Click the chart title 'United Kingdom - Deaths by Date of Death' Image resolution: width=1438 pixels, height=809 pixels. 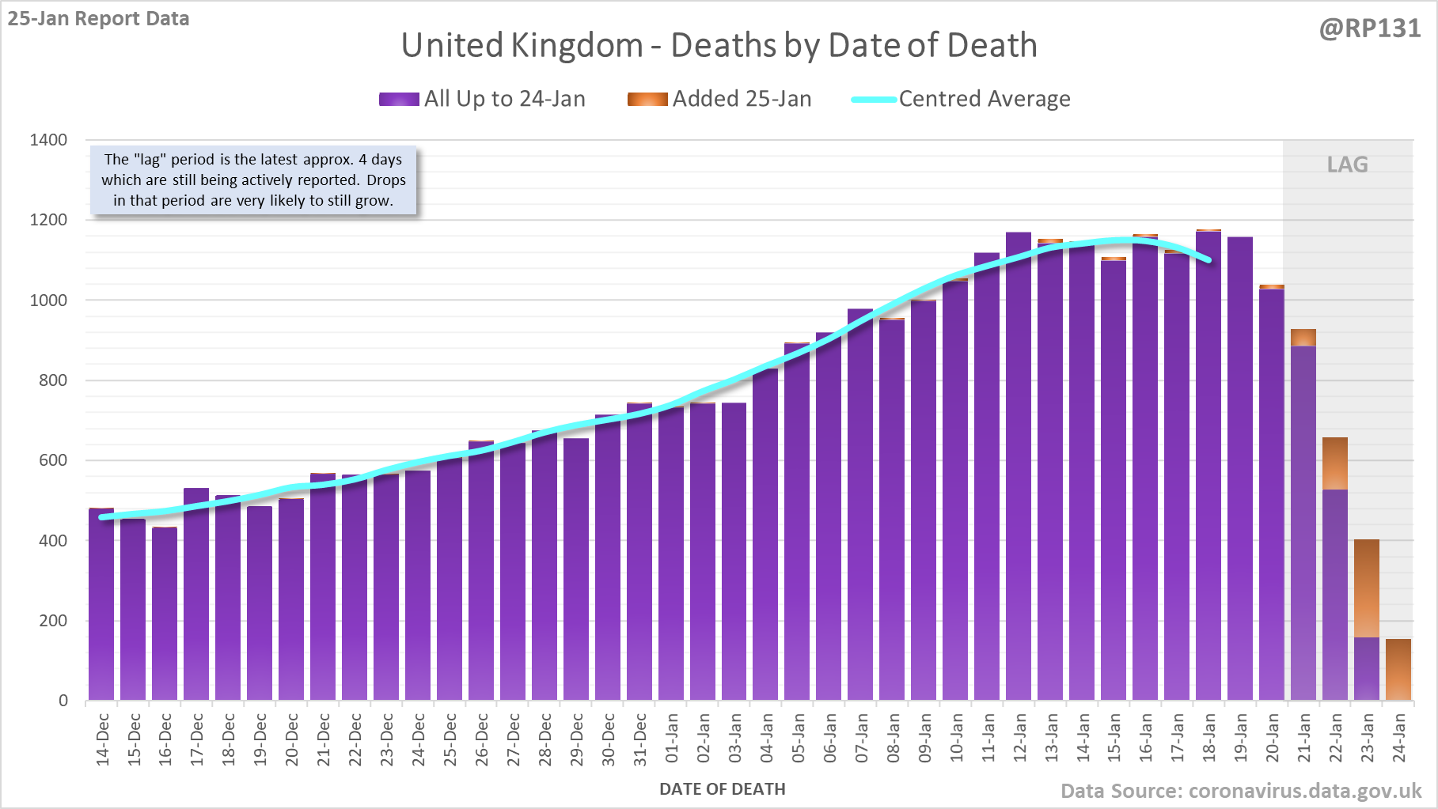[719, 45]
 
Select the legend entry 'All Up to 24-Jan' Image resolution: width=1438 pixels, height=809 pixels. [483, 99]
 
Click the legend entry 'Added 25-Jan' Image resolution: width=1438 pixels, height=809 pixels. [720, 99]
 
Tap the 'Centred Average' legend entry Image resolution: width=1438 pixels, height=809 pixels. [962, 99]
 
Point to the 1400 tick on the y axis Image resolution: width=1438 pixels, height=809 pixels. [48, 140]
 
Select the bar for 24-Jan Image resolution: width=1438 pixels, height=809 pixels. [1398, 669]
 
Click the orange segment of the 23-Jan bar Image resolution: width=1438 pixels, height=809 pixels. [1367, 588]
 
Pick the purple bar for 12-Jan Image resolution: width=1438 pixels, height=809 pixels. [1019, 467]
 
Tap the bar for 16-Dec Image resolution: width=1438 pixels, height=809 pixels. [165, 613]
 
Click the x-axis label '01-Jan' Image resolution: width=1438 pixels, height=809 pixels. [672, 738]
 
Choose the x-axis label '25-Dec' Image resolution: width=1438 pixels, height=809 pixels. [450, 739]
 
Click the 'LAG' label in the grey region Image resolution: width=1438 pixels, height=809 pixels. [1347, 164]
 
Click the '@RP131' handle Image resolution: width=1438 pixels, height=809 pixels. [1369, 28]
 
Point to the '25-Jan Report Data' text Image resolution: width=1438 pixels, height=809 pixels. [98, 18]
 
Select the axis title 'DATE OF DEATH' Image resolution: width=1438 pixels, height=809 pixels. [722, 788]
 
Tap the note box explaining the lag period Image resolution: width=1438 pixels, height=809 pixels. [253, 180]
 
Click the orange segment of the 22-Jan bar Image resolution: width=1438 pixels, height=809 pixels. [1335, 463]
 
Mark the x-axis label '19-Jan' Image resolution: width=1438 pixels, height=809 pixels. [1241, 738]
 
